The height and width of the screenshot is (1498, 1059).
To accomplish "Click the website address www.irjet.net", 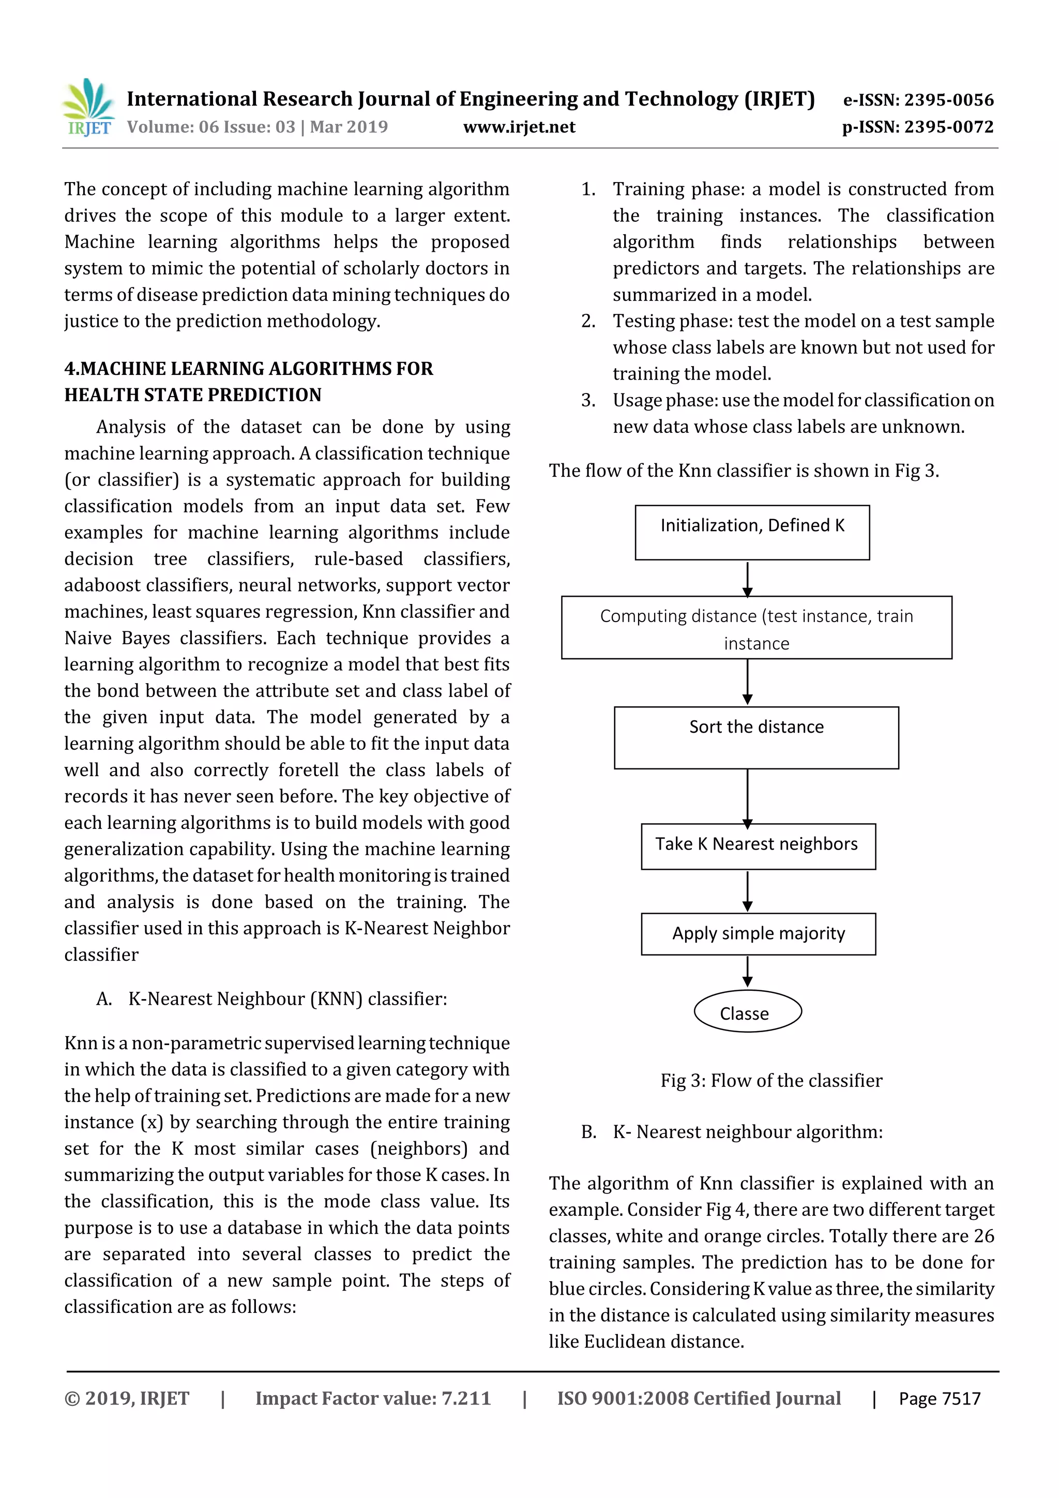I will coord(519,127).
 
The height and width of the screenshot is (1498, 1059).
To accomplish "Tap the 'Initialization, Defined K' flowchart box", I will coord(752,533).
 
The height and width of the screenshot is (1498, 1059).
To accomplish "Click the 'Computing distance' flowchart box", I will coord(756,628).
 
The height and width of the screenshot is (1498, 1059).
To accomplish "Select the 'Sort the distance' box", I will coord(756,737).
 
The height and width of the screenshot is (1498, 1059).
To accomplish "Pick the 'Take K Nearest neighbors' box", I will coord(758,846).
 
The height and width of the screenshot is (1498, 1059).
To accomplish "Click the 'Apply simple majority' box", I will coord(758,934).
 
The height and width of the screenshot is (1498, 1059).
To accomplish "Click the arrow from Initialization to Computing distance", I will coord(748,579).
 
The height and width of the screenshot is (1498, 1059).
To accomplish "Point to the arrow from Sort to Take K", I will coord(748,797).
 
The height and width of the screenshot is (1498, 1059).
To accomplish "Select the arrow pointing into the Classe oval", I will coord(748,972).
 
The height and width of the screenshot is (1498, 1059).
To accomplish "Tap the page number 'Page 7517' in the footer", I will coord(940,1398).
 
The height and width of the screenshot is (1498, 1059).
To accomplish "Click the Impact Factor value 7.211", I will coord(466,1398).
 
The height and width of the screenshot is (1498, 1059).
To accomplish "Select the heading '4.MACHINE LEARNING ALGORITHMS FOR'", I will coord(249,369).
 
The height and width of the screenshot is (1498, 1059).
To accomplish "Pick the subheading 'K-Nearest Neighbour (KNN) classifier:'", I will coord(288,999).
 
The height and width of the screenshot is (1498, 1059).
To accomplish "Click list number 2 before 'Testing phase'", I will coord(588,321).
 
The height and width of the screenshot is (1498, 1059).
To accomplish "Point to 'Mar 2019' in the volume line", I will coord(349,127).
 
